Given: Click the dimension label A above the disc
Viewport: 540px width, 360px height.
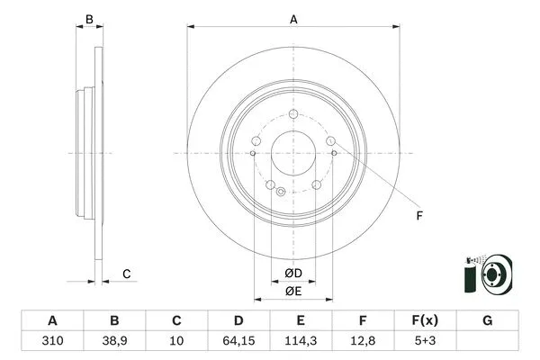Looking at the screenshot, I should pos(293,18).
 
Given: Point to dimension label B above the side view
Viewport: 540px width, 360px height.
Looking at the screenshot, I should pos(88,18).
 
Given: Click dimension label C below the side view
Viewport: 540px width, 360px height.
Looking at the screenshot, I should pos(127,274).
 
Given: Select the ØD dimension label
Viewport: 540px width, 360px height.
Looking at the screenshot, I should pos(292,273).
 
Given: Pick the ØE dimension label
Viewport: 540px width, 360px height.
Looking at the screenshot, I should pos(292,291).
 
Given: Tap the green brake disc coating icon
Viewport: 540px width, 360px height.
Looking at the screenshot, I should pos(486,274).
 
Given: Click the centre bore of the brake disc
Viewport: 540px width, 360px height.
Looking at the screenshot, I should pos(293,152).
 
